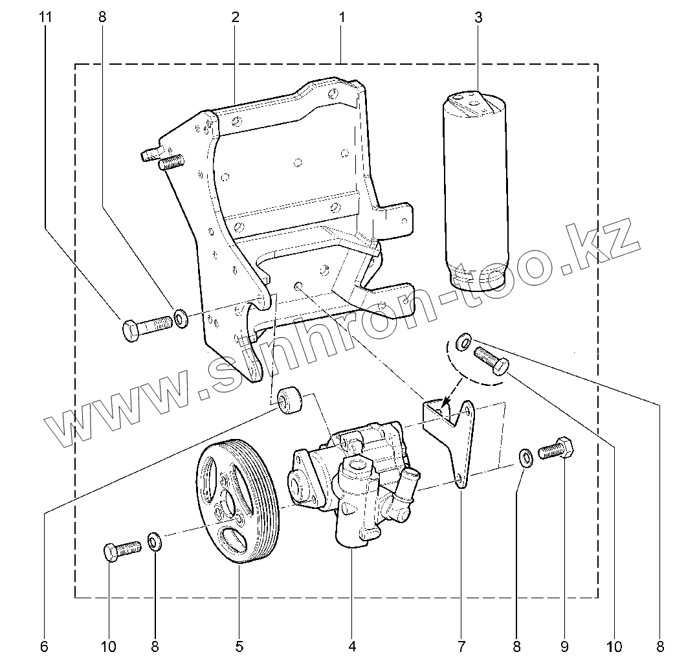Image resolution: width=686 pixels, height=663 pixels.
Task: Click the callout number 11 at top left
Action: point(45,17)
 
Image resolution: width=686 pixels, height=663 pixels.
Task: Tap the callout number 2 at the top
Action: point(236,17)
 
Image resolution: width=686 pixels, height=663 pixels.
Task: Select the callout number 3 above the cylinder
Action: point(478,17)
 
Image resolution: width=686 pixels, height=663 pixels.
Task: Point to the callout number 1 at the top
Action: point(342,17)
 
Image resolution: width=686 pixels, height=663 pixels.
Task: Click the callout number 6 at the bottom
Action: point(44,646)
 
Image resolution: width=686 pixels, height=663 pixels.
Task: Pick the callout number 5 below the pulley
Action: point(239,646)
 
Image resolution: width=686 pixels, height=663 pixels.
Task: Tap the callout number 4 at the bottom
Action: point(352,646)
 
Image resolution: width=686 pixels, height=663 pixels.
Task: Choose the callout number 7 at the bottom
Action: point(461,646)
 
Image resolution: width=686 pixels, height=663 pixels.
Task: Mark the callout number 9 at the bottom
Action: point(564,646)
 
